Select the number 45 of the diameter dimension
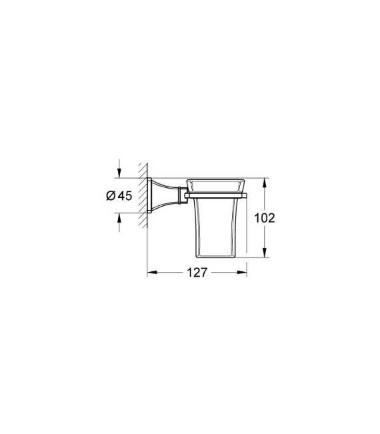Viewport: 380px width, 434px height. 123,196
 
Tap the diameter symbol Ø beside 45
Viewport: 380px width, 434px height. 111,196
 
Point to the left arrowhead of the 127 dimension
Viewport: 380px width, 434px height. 150,273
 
